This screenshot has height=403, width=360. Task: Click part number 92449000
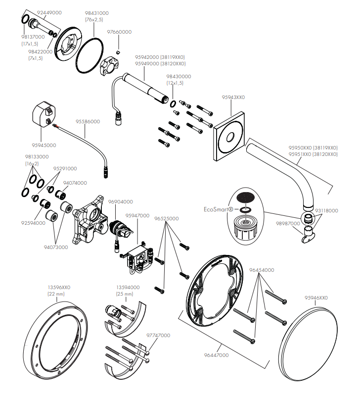pyautogui.click(x=49, y=12)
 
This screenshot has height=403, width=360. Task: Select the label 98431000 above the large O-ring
pyautogui.click(x=97, y=13)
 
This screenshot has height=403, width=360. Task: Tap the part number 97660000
pyautogui.click(x=119, y=32)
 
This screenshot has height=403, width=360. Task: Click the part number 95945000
pyautogui.click(x=44, y=146)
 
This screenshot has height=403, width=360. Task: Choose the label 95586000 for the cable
pyautogui.click(x=88, y=121)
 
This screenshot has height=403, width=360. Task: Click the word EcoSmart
pyautogui.click(x=217, y=209)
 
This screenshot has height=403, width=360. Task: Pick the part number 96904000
pyautogui.click(x=120, y=202)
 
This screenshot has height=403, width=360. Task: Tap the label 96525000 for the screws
pyautogui.click(x=167, y=218)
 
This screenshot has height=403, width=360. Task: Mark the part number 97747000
pyautogui.click(x=158, y=335)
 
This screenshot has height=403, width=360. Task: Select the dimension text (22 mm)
pyautogui.click(x=56, y=294)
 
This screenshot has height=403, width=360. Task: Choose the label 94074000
pyautogui.click(x=75, y=183)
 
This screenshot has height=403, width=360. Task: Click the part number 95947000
pyautogui.click(x=137, y=216)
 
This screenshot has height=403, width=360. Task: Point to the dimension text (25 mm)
pyautogui.click(x=125, y=294)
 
